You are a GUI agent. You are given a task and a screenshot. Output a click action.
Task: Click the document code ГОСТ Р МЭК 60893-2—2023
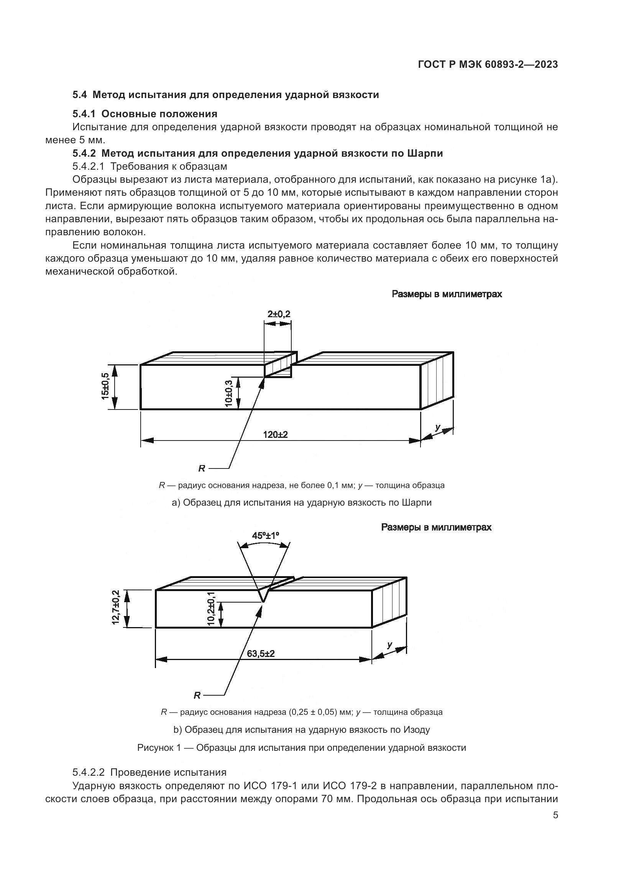tap(488, 65)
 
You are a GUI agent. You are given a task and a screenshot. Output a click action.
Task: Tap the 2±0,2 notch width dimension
tap(279, 314)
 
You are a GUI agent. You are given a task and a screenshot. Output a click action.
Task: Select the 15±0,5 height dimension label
tap(105, 387)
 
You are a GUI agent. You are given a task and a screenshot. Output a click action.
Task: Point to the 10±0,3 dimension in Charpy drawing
tap(229, 393)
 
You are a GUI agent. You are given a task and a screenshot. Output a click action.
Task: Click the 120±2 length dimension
tap(275, 434)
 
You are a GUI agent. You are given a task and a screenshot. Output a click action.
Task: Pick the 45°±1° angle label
tap(266, 536)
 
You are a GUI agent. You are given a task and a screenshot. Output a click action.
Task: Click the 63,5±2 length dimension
tap(261, 653)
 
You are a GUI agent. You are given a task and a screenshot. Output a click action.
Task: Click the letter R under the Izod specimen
tap(197, 695)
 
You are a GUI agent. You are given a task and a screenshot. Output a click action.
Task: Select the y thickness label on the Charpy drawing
tap(438, 428)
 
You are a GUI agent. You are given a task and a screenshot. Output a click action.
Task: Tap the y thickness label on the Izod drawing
tap(389, 645)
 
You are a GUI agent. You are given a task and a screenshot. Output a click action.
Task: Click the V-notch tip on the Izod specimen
tap(263, 601)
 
